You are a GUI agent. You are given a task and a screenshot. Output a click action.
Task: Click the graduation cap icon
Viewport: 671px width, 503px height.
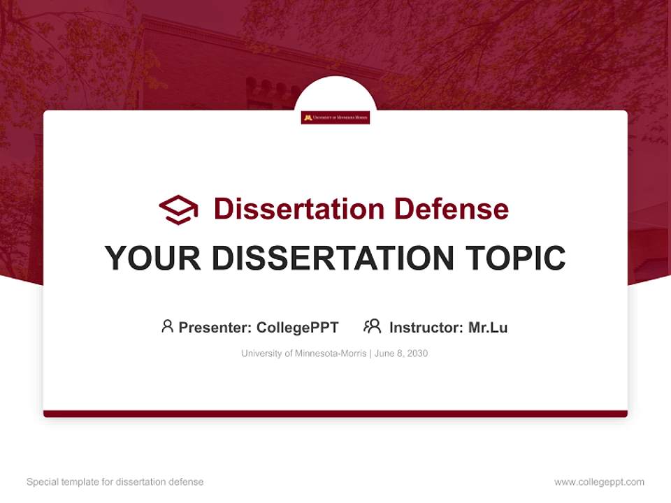point(178,209)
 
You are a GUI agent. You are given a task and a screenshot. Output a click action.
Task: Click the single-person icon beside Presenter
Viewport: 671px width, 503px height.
point(167,326)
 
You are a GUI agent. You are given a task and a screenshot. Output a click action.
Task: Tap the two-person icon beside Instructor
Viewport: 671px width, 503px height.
point(372,326)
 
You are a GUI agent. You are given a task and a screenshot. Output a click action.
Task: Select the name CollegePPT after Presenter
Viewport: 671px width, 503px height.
point(297,328)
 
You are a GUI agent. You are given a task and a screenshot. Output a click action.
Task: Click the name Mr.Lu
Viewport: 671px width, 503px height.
point(488,328)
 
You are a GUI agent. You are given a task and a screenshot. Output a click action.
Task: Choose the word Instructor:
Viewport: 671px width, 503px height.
point(426,328)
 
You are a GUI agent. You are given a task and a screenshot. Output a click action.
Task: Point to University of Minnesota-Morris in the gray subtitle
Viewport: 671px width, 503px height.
point(303,353)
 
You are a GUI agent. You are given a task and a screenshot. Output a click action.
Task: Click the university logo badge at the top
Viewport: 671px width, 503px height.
point(335,118)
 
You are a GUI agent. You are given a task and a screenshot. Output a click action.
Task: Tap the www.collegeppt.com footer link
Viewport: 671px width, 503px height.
point(599,482)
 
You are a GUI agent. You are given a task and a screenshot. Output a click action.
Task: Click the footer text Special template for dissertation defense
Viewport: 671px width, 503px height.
point(115,482)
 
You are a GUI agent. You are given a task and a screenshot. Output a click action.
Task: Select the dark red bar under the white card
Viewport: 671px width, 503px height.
point(335,414)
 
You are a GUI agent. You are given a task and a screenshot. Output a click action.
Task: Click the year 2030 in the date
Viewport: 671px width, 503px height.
point(417,353)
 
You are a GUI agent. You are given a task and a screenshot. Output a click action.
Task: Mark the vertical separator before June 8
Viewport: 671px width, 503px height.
point(370,353)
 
